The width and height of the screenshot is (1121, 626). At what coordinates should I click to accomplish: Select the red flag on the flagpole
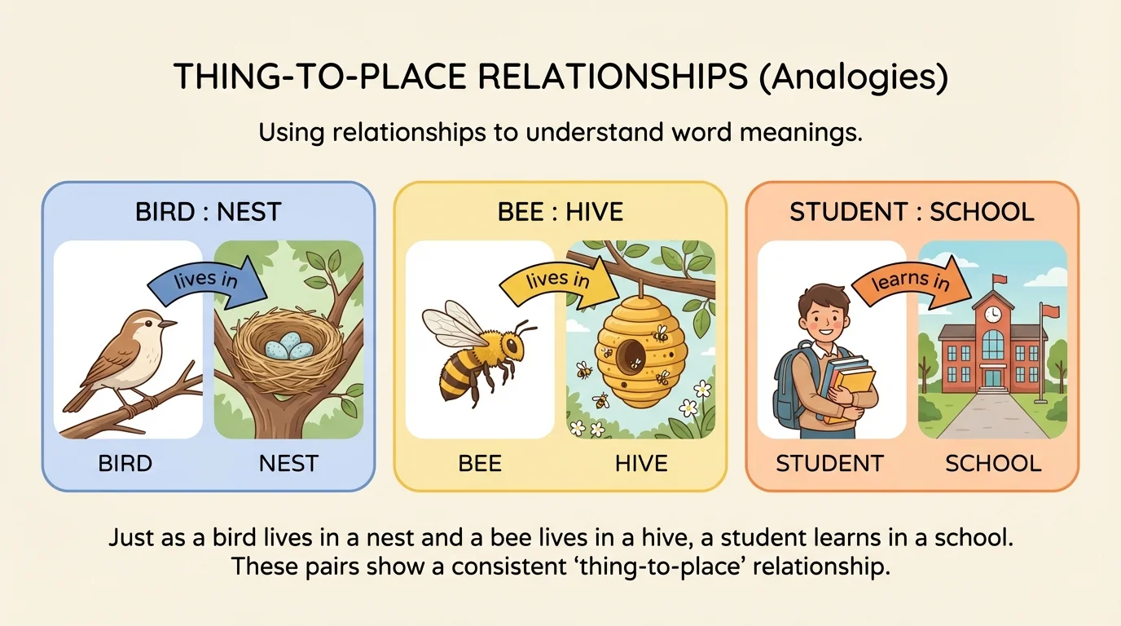pos(1051,311)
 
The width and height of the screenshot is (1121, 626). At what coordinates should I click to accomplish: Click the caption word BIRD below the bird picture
pos(125,464)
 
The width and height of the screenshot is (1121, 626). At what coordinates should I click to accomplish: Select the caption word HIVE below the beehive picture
pos(641,464)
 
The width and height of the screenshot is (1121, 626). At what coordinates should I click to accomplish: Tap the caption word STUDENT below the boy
pos(829,464)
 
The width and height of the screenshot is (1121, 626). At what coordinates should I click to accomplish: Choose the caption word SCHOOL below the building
pos(993,464)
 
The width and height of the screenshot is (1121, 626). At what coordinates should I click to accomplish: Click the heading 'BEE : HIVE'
pos(560,213)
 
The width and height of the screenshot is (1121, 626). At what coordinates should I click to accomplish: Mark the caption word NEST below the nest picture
pos(288,464)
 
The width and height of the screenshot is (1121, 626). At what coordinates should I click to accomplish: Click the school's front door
pos(992,377)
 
